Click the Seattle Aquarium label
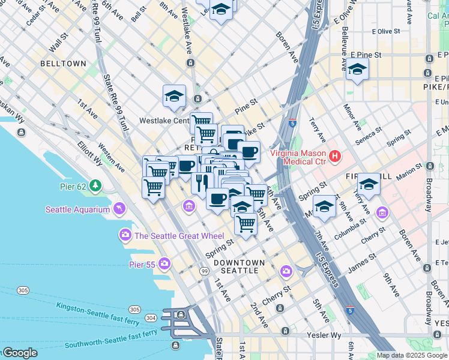[78, 209]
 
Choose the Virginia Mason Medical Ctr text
[298, 157]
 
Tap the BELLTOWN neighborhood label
[63, 64]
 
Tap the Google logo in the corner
[19, 353]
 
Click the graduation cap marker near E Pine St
[357, 70]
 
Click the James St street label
[362, 262]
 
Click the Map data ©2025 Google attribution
[412, 355]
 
